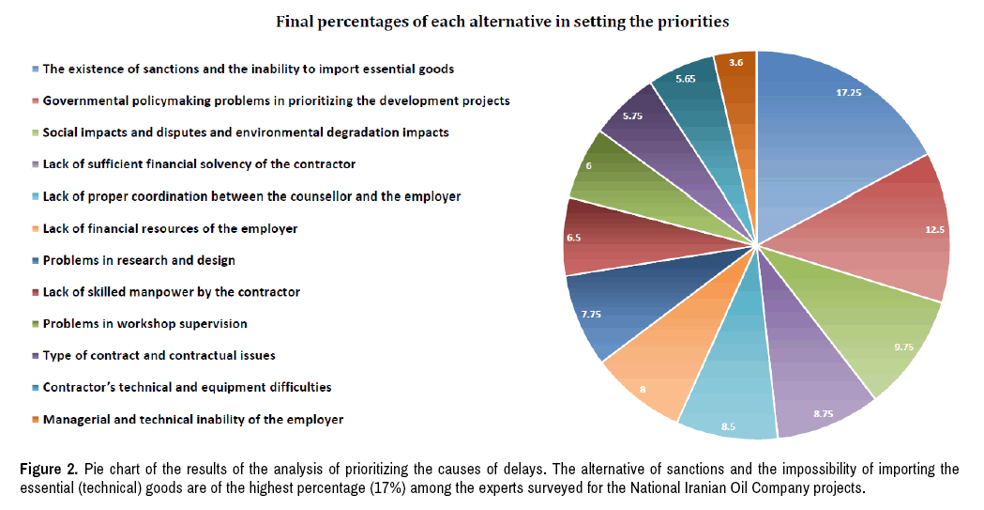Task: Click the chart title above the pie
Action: (502, 20)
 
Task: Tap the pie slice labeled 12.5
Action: (891, 235)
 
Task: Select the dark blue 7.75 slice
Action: (610, 310)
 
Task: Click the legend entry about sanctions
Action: (248, 69)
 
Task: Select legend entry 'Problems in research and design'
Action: (139, 260)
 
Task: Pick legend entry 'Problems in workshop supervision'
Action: (144, 324)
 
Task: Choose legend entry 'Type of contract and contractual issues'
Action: (159, 355)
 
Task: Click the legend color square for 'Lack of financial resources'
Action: (36, 229)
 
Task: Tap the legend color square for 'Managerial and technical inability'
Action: (36, 420)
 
